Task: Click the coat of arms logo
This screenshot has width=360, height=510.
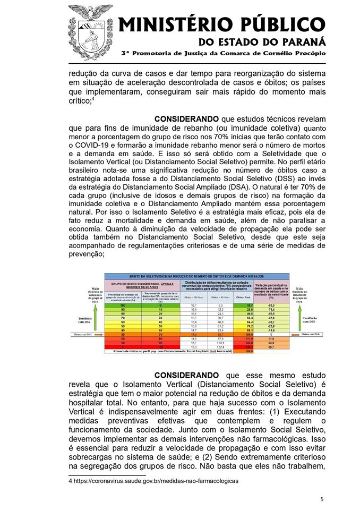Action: point(90,32)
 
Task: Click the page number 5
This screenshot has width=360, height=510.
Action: point(322,499)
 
